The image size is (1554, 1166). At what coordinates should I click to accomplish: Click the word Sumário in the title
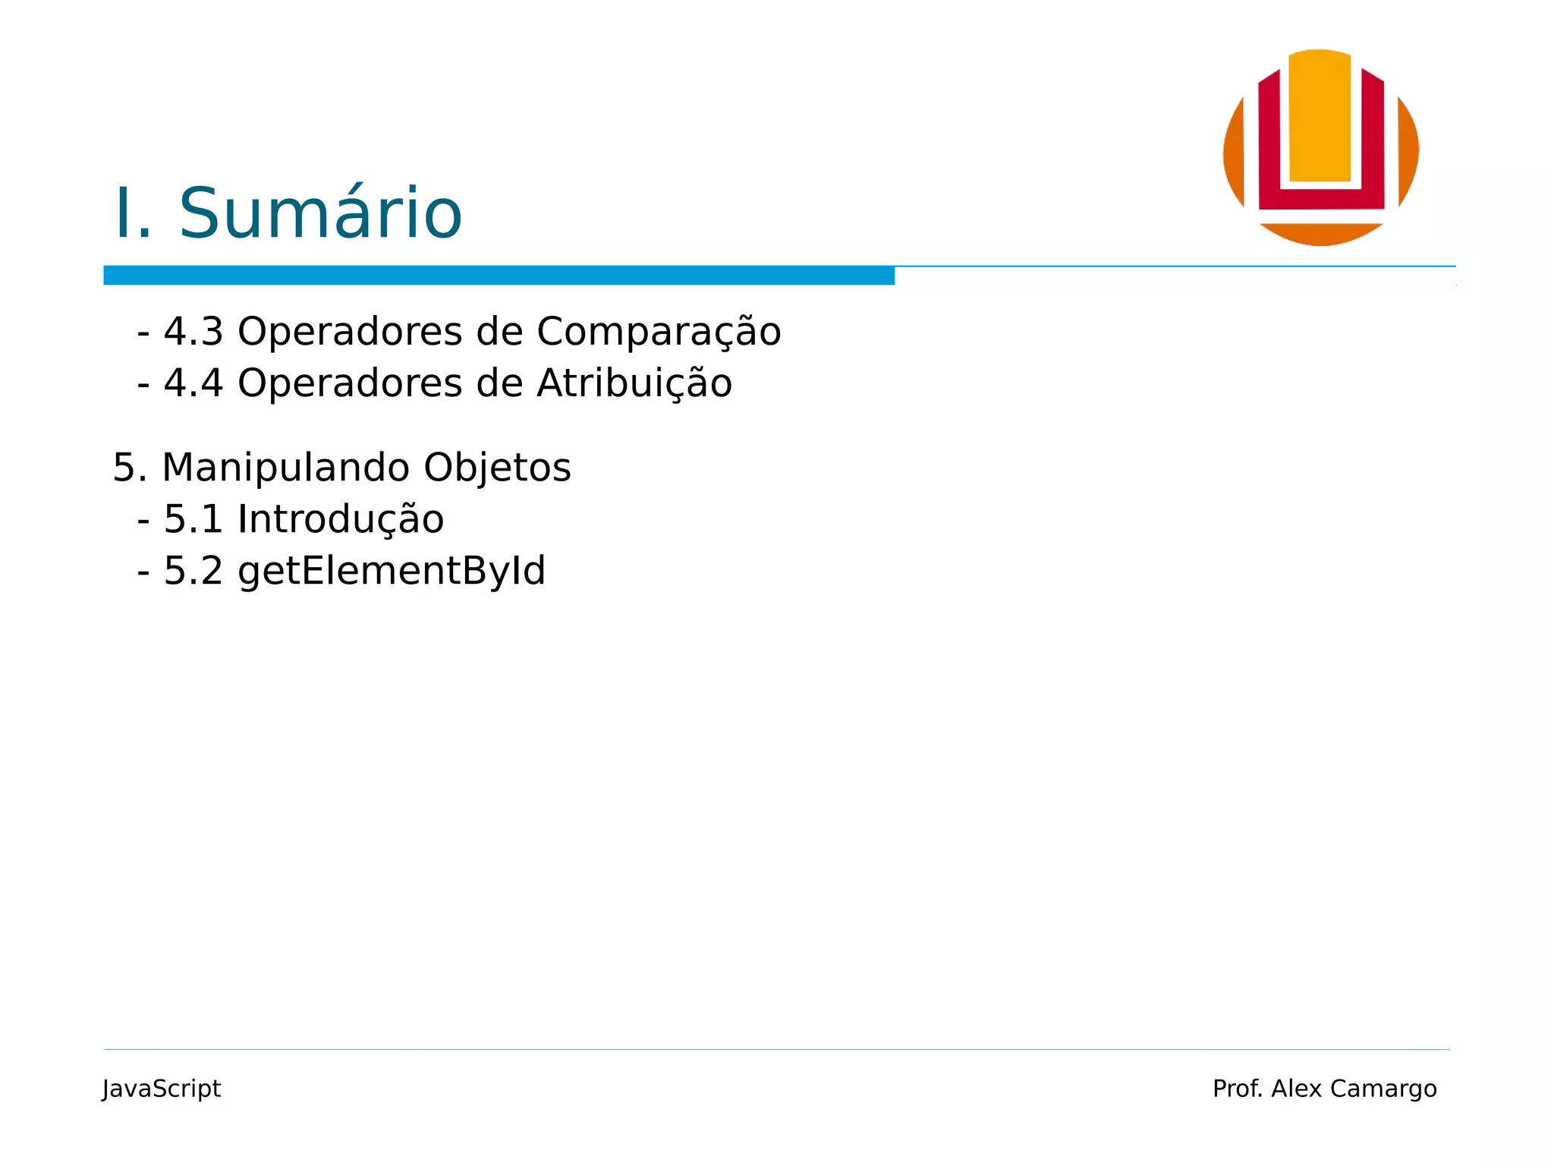(319, 214)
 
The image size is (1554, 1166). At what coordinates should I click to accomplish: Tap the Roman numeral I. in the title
(132, 214)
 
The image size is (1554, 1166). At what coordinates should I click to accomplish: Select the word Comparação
(659, 332)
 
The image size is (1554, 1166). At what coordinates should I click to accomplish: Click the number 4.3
(193, 332)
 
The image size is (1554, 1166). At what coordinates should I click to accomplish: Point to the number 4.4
(193, 383)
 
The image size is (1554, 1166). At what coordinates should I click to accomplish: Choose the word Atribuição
(634, 383)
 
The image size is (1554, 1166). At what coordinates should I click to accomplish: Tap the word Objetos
(497, 468)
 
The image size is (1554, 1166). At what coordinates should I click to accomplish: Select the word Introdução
(341, 519)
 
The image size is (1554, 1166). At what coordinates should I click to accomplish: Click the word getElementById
(392, 571)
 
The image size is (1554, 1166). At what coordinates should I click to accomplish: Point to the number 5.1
(193, 519)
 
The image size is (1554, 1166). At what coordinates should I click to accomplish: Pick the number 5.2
(193, 571)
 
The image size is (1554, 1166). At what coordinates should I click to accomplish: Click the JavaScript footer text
(162, 1089)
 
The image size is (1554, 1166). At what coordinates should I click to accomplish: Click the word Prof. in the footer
(1238, 1089)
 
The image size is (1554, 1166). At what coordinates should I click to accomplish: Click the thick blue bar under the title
(499, 276)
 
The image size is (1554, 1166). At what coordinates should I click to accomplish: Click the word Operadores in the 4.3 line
(350, 332)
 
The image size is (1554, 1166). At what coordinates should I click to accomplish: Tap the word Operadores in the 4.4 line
(350, 383)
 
